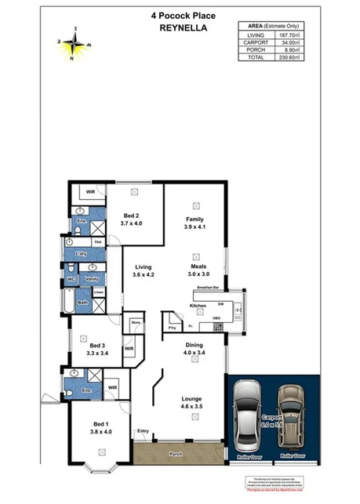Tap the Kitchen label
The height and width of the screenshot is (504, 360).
coord(198,305)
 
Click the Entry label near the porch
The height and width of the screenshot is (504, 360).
coord(143,430)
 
